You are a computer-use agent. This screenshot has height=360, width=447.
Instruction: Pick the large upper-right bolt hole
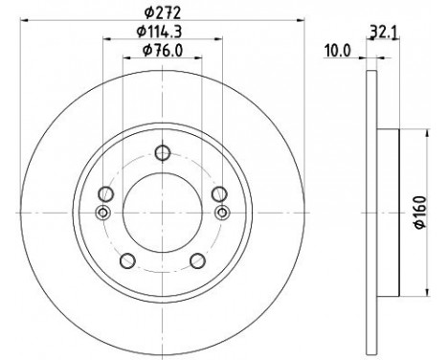(218, 191)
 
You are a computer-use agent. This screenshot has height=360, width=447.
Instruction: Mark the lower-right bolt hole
(197, 258)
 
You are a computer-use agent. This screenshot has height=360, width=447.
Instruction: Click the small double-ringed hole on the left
(103, 212)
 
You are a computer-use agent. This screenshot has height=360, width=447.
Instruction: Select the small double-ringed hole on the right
(222, 212)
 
